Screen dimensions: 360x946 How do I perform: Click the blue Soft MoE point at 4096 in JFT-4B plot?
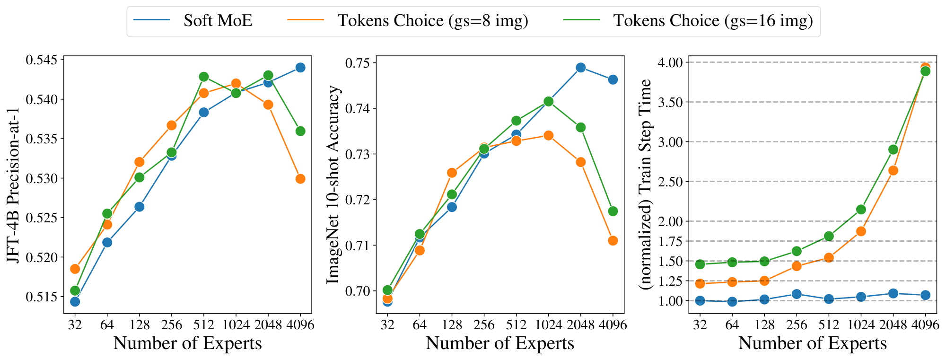click(300, 68)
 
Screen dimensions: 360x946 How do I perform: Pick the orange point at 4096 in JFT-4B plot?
click(300, 179)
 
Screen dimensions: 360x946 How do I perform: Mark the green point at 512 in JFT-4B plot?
click(204, 77)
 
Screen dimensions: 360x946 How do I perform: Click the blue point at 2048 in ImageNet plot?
click(580, 68)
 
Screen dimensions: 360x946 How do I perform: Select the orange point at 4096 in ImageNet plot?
click(613, 241)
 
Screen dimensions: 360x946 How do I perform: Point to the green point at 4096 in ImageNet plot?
click(613, 211)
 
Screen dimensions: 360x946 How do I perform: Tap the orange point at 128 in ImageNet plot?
click(452, 173)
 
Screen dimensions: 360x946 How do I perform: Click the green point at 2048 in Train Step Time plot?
click(893, 149)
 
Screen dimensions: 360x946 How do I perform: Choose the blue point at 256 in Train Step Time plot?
click(797, 294)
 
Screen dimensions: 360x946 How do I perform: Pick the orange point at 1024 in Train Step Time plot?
click(861, 231)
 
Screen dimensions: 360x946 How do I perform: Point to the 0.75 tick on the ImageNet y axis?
click(358, 63)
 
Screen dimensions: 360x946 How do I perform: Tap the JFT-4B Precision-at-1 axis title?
click(14, 184)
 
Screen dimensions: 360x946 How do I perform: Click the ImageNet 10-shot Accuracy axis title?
click(333, 184)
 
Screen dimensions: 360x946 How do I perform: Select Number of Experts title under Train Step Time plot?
click(812, 343)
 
